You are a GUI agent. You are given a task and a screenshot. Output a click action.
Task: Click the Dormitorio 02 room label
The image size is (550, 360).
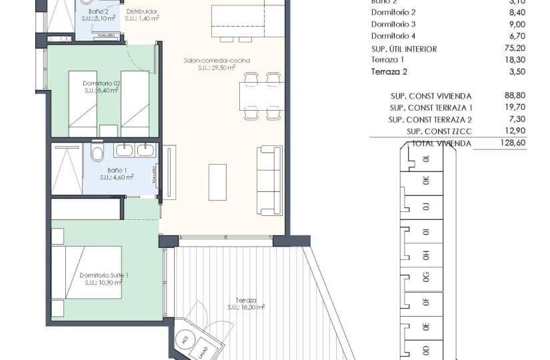click(x=101, y=83)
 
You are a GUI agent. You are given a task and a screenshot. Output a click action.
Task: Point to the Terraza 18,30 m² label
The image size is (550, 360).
click(x=245, y=304)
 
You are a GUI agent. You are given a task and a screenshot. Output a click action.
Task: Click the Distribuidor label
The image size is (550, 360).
click(x=141, y=11)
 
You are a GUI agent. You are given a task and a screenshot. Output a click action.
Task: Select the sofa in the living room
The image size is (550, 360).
click(x=269, y=180)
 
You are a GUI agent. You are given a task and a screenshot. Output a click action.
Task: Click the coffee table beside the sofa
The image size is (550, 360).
click(x=217, y=182)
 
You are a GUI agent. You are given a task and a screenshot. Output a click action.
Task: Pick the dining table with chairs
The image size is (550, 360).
click(x=261, y=97)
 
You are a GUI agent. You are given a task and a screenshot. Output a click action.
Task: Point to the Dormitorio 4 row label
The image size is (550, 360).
click(x=393, y=35)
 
